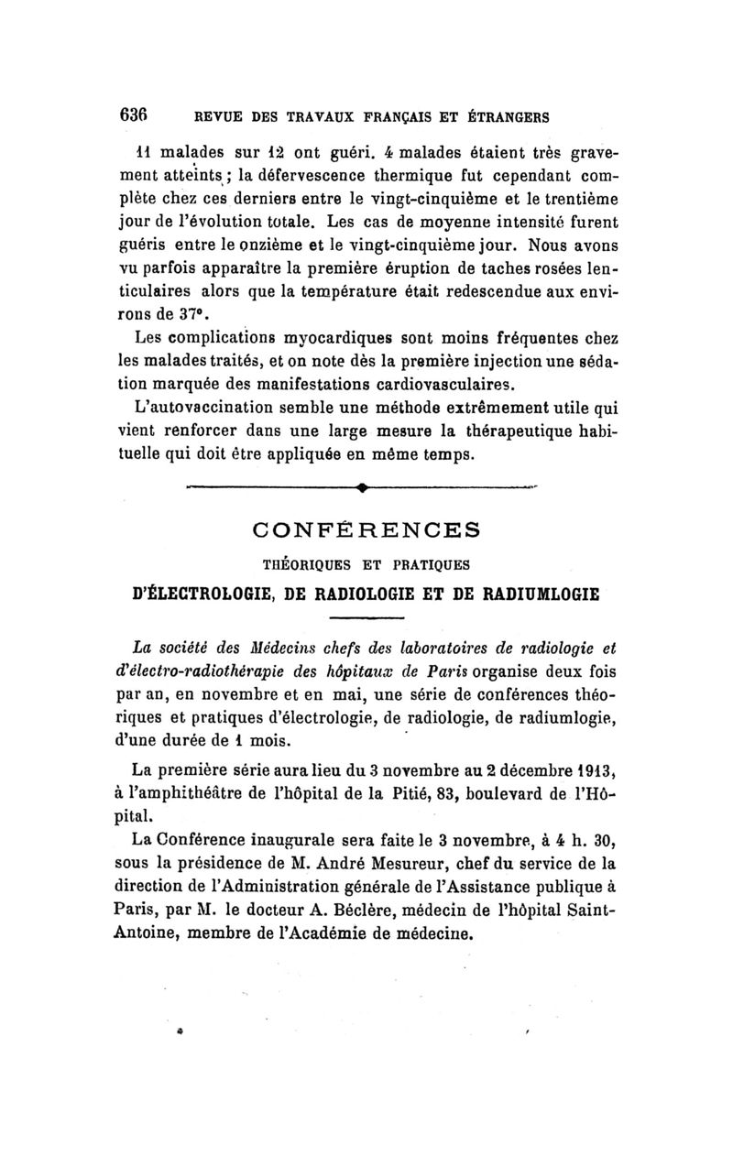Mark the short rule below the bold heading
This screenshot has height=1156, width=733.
364,618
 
